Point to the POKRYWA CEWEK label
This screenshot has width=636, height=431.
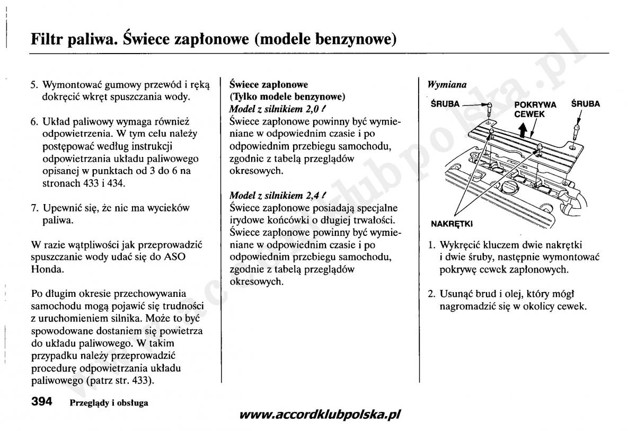(535, 109)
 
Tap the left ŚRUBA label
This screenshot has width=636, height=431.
(445, 104)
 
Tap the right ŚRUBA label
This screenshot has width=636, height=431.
(586, 104)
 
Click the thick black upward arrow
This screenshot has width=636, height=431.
(523, 129)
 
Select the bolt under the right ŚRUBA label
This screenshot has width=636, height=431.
(577, 129)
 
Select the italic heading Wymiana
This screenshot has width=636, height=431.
(447, 84)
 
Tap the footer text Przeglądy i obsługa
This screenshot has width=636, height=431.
(109, 402)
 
